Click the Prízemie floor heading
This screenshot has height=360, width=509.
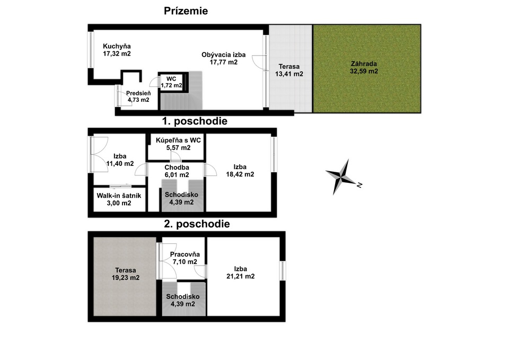(186, 11)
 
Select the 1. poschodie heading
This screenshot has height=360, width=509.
(195, 121)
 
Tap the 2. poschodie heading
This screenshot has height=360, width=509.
(197, 224)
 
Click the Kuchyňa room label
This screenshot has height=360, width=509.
(117, 46)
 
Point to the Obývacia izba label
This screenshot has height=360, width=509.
(223, 55)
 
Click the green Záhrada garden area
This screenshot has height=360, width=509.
(367, 69)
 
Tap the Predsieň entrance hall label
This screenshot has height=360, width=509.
(138, 93)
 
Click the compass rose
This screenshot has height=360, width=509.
(340, 177)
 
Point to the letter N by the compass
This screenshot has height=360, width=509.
(359, 185)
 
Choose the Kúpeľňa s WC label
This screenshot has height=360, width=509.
(178, 141)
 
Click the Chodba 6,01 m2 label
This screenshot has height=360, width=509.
(177, 171)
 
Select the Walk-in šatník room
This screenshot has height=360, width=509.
(119, 200)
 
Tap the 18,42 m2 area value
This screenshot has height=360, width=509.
(240, 174)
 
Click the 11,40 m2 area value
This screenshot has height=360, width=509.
(120, 164)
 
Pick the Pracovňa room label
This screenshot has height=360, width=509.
(185, 254)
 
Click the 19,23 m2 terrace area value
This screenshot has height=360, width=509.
(126, 278)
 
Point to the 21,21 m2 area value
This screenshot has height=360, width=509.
(241, 277)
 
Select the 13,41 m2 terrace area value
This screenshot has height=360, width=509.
(289, 74)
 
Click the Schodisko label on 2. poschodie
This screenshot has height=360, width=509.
(183, 297)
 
